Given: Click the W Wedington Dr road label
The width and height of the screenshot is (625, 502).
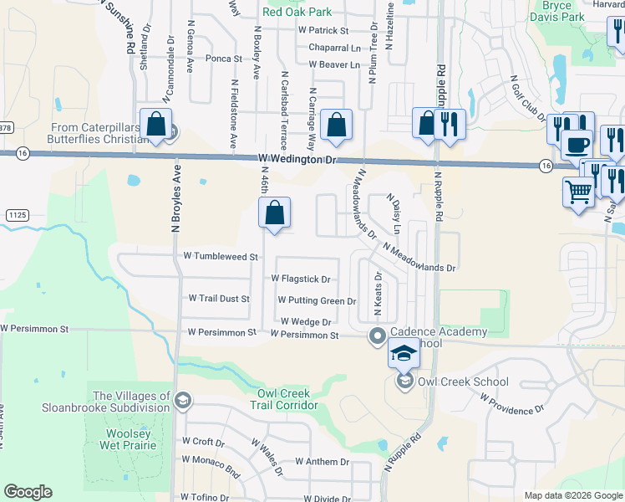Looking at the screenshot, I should click(x=296, y=158).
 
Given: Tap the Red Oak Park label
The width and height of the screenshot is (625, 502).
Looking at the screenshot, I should click(x=297, y=12).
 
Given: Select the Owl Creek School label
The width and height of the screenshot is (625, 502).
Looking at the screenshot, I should click(x=463, y=382).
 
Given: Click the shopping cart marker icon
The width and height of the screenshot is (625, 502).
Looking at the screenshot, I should click(x=578, y=193).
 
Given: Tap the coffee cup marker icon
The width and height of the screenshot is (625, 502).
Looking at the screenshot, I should click(x=577, y=144).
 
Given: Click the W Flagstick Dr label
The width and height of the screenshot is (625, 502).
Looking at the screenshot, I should click(x=301, y=279).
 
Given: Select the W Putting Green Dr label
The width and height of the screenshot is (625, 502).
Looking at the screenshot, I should click(x=317, y=300).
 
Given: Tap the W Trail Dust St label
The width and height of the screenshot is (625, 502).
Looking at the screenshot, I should click(x=219, y=298).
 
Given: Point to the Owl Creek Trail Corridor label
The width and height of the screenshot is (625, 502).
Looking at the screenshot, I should click(x=284, y=399).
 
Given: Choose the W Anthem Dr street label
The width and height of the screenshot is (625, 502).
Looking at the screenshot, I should click(x=322, y=462).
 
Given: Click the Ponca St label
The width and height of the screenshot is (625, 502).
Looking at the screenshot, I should click(x=223, y=59).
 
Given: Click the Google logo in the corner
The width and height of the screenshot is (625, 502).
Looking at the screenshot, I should click(x=28, y=492).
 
